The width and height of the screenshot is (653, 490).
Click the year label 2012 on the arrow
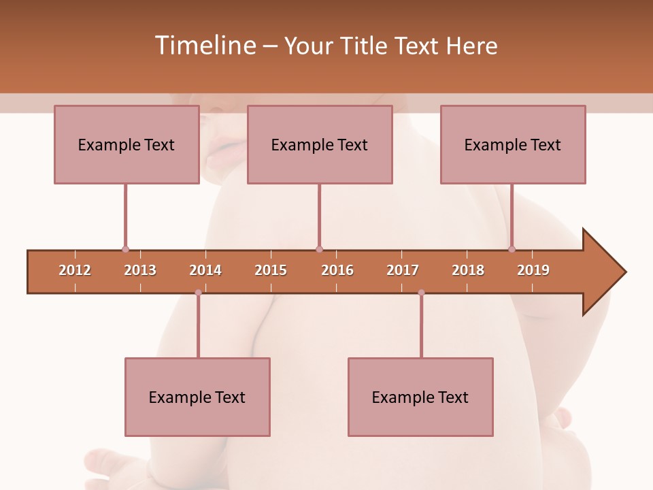[75, 270]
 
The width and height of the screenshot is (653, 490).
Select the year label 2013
[140, 270]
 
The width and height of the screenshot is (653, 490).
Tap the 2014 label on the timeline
[205, 270]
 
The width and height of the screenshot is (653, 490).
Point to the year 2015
[271, 270]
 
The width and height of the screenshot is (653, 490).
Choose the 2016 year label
[337, 270]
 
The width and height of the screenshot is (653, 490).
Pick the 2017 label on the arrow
[403, 270]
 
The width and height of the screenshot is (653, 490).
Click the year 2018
[468, 270]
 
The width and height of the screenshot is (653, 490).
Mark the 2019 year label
[533, 270]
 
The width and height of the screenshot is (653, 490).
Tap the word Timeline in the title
[205, 46]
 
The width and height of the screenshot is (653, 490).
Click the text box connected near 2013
[126, 144]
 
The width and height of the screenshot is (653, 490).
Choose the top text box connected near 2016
[319, 144]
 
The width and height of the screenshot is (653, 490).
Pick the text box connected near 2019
[512, 144]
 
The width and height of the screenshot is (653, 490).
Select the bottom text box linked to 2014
[197, 397]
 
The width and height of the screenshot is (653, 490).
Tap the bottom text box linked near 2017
[420, 397]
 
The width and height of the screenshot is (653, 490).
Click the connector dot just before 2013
[125, 249]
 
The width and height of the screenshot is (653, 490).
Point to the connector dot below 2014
[198, 293]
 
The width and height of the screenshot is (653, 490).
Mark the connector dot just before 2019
[512, 249]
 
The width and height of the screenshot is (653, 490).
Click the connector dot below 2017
[421, 293]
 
